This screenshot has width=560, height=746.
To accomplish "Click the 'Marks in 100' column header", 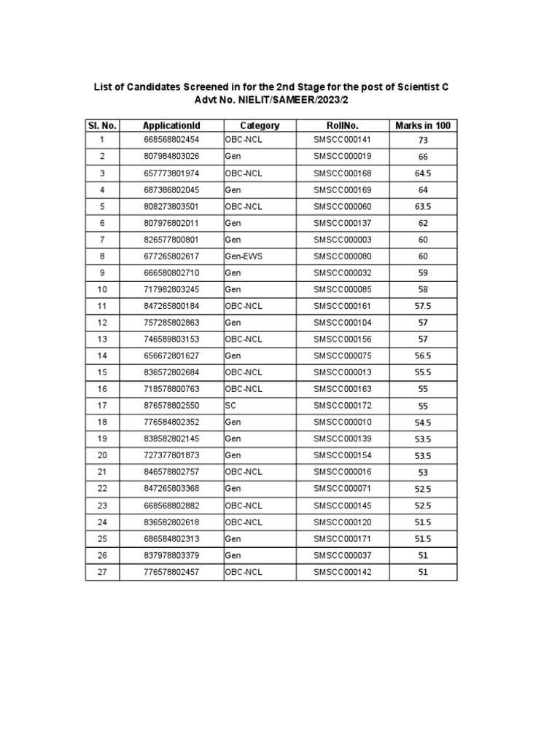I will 423,125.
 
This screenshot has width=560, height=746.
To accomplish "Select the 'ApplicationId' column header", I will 171,125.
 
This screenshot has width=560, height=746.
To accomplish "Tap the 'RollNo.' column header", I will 343,125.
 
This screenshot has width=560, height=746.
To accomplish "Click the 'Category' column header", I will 260,125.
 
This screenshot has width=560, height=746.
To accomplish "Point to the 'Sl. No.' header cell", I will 103,125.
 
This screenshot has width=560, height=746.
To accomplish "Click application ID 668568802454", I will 171,139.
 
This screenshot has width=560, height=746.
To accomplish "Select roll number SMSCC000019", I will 343,156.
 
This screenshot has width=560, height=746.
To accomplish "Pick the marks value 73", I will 423,140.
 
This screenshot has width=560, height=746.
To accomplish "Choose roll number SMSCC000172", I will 343,405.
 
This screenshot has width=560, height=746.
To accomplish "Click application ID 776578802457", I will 171,572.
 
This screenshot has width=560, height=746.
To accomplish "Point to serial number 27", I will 103,572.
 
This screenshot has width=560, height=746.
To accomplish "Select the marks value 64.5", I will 423,173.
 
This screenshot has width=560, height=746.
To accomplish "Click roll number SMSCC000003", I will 343,239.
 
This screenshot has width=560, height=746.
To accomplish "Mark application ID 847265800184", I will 171,305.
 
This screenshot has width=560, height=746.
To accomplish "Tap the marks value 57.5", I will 423,306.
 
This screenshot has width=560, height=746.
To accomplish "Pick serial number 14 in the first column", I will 103,356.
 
